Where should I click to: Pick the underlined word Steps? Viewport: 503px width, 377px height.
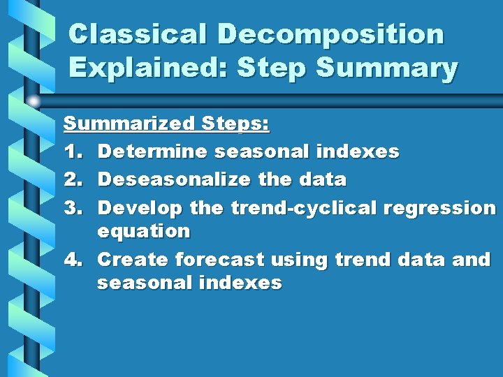point(235,124)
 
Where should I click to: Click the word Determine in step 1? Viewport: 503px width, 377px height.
point(152,151)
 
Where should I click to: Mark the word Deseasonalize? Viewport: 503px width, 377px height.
point(175,179)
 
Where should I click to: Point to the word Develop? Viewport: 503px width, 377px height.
point(140,208)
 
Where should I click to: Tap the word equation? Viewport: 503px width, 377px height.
point(143,231)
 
